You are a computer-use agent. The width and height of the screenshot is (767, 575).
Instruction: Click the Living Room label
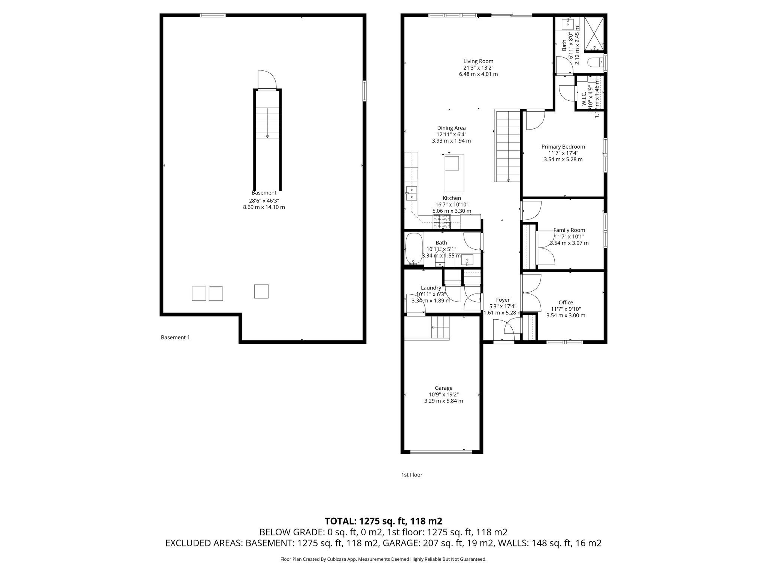pyautogui.click(x=478, y=61)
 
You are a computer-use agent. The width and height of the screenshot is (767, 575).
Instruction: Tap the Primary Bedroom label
pyautogui.click(x=563, y=147)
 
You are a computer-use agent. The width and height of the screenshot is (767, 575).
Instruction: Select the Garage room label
pyautogui.click(x=443, y=388)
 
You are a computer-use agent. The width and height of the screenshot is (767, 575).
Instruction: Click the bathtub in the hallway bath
pyautogui.click(x=414, y=249)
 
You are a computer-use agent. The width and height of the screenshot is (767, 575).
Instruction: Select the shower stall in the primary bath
pyautogui.click(x=594, y=34)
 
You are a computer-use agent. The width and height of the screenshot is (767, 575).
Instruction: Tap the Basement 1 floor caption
pyautogui.click(x=175, y=337)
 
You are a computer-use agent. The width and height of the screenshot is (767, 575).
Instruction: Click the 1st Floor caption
pyautogui.click(x=412, y=475)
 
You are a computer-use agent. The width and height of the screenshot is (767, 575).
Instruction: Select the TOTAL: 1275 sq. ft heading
pyautogui.click(x=383, y=521)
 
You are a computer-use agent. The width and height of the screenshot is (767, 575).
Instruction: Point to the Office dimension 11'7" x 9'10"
pyautogui.click(x=566, y=309)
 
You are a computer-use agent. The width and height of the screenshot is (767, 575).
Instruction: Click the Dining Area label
pyautogui.click(x=451, y=128)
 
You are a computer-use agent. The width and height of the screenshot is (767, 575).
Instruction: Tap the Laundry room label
pyautogui.click(x=431, y=287)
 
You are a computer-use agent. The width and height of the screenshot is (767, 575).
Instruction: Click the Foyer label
pyautogui.click(x=503, y=300)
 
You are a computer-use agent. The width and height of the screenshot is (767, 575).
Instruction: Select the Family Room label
pyautogui.click(x=569, y=230)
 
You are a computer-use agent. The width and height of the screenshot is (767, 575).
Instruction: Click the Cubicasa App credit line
pyautogui.click(x=383, y=559)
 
